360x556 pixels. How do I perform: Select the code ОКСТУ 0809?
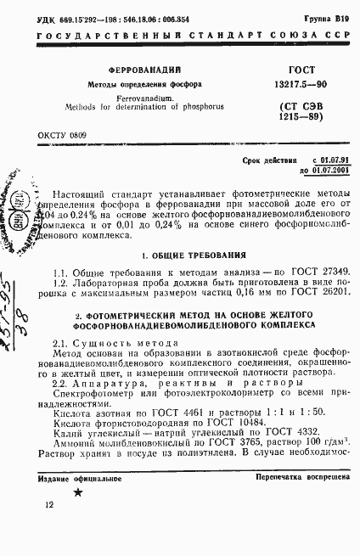(x=62, y=135)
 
